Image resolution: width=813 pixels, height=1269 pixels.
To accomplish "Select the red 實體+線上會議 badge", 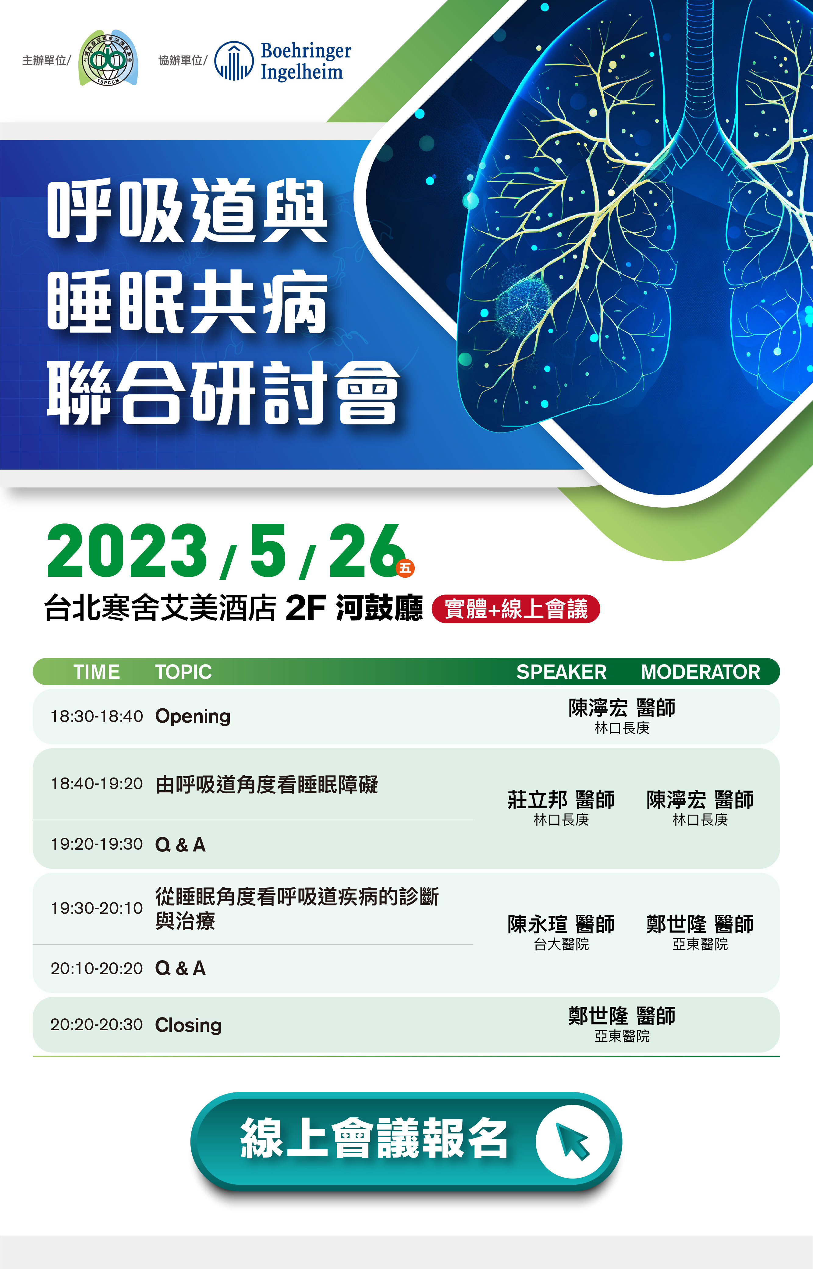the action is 516,609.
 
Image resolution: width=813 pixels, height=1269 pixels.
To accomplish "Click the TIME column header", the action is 97,672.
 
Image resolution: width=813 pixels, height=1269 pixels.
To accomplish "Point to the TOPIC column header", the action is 183,672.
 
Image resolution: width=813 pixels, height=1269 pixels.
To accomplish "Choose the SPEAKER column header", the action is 561,672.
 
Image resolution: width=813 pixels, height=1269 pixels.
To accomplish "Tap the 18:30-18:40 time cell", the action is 97,716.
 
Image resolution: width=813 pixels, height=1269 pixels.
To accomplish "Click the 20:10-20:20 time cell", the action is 97,968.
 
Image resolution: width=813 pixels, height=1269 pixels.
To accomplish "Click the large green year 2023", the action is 127,552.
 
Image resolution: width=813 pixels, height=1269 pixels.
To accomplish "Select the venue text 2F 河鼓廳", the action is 354,608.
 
